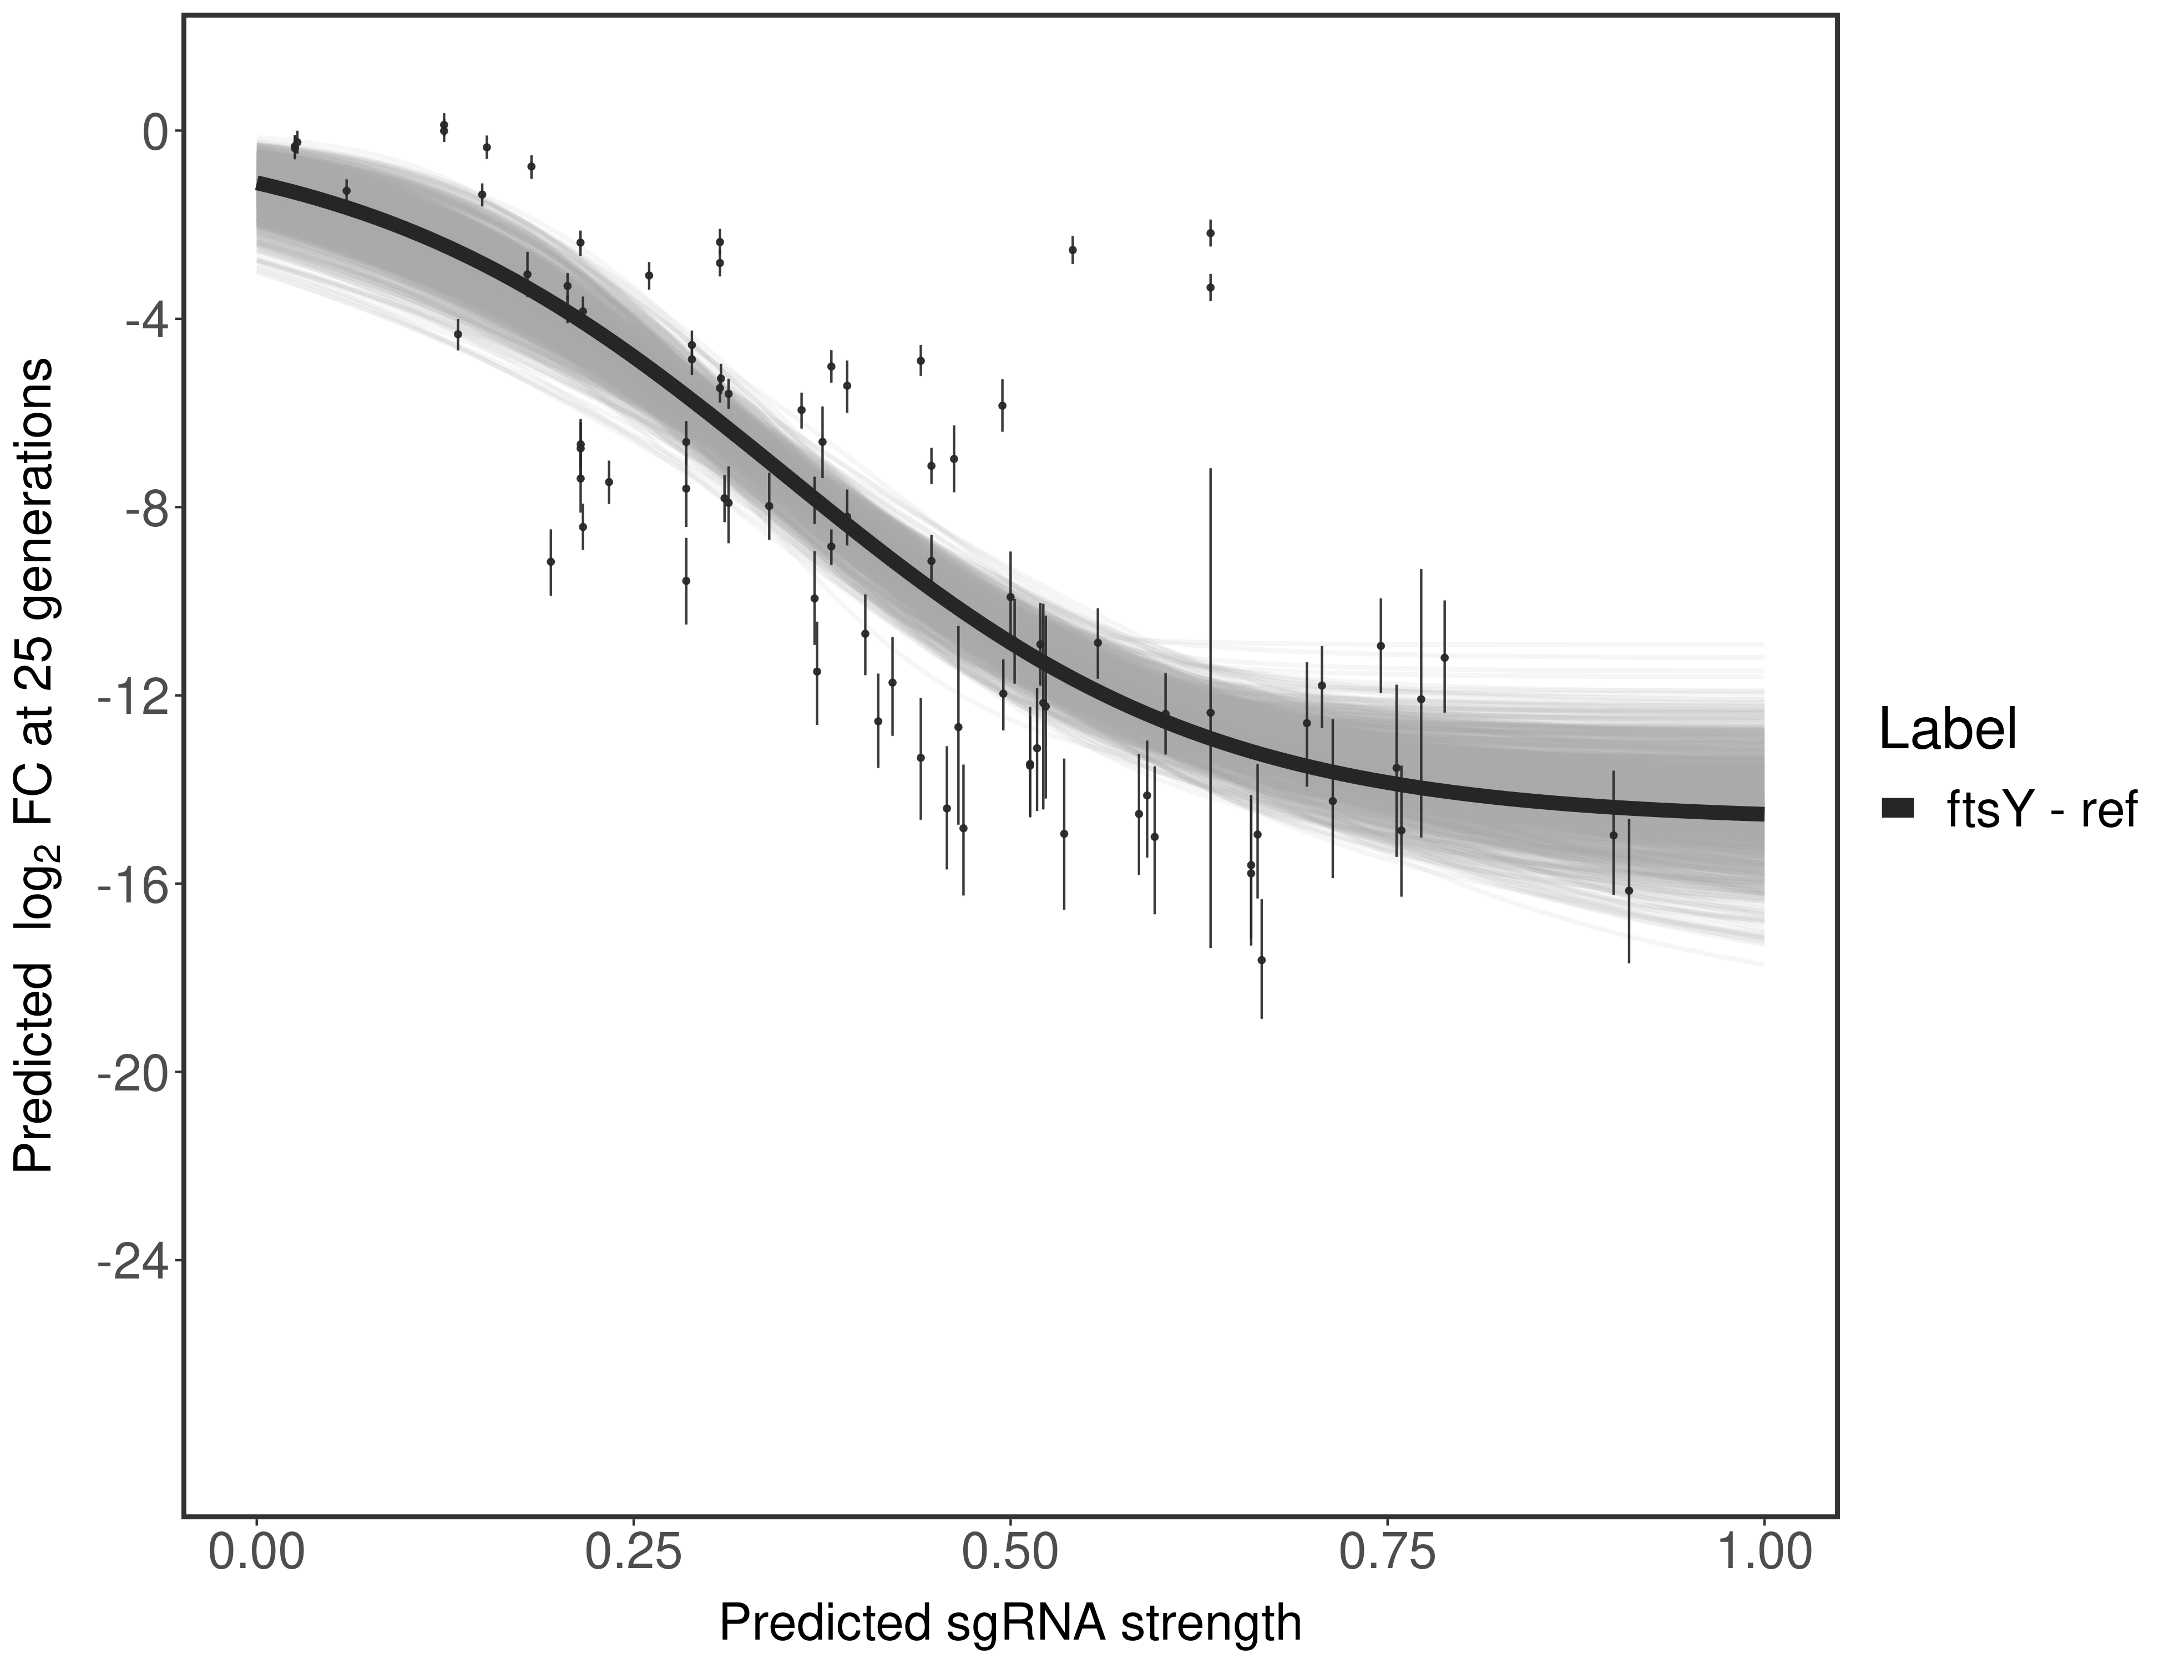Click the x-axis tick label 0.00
click(x=256, y=1553)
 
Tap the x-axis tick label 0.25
click(x=633, y=1553)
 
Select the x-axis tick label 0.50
click(x=1010, y=1553)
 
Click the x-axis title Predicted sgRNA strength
click(x=1010, y=1625)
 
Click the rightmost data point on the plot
click(x=1629, y=890)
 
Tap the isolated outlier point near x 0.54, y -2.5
click(x=1072, y=250)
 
